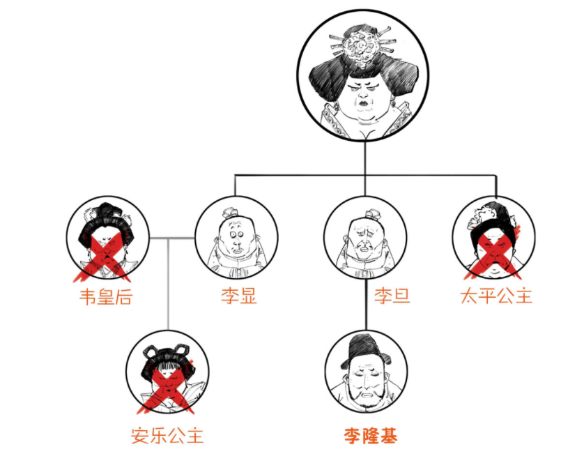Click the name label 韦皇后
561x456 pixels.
(x=106, y=296)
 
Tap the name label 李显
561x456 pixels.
(x=238, y=296)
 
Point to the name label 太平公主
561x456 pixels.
(x=496, y=296)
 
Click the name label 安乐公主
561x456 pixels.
(x=167, y=436)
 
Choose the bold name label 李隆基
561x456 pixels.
(x=370, y=436)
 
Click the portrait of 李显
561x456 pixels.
(x=237, y=239)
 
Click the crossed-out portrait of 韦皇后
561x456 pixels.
(x=107, y=239)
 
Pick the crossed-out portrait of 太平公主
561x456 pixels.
(x=493, y=239)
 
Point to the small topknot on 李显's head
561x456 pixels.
(x=231, y=212)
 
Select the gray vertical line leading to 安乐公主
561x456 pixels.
(x=168, y=286)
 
